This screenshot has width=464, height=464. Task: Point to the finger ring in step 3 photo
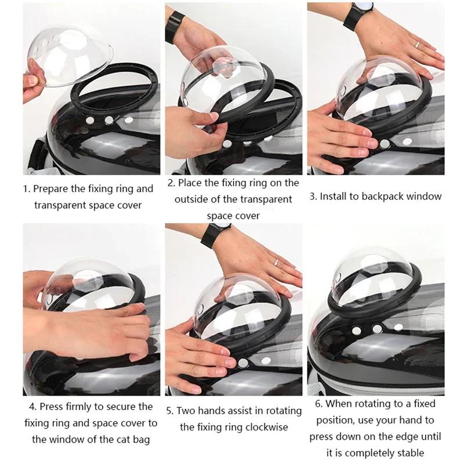(416, 44)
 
